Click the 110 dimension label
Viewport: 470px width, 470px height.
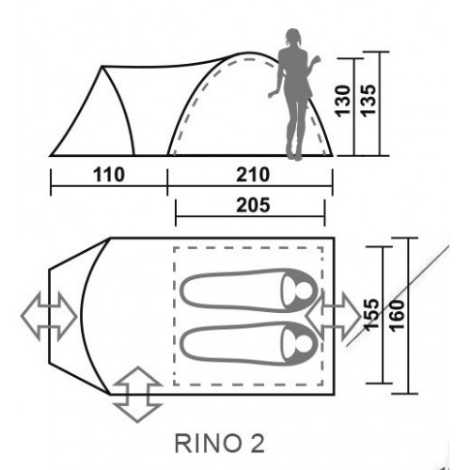click(109, 175)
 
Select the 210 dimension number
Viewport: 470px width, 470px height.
click(253, 175)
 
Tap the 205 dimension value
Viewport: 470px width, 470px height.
click(253, 205)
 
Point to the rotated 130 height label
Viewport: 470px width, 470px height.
click(343, 101)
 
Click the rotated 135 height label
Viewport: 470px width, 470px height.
click(368, 101)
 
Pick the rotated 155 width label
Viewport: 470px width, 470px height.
click(372, 315)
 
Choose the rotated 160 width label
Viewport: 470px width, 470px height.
click(398, 315)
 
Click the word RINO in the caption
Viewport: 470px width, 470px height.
click(205, 444)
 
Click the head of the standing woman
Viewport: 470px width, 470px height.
click(293, 37)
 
